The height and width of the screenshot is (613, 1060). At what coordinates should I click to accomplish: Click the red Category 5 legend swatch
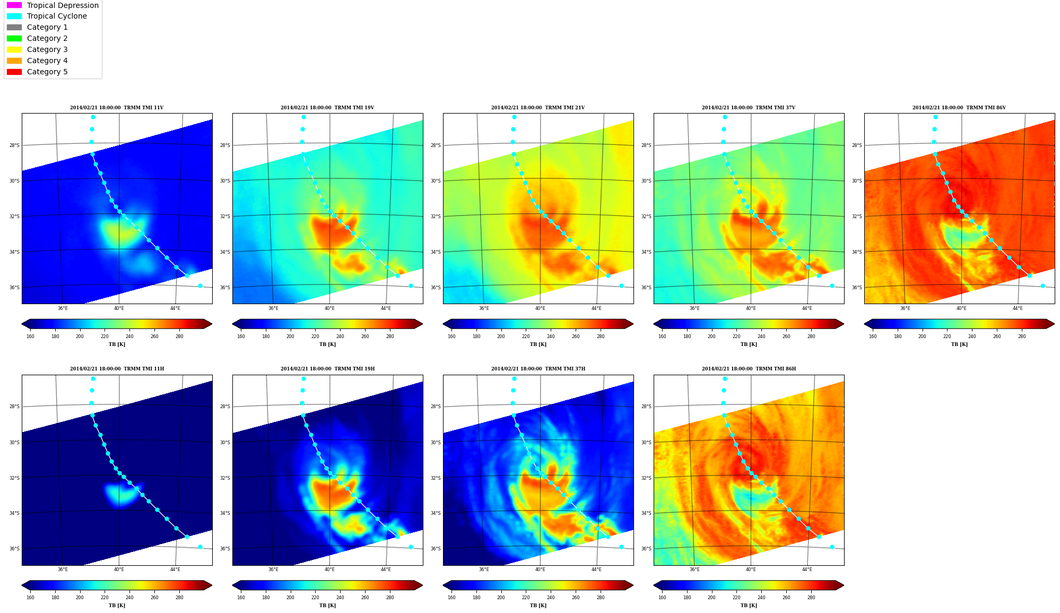[14, 72]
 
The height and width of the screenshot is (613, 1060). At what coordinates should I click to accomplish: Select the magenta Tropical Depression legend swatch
[14, 5]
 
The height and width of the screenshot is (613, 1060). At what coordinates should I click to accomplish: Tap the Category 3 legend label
[47, 49]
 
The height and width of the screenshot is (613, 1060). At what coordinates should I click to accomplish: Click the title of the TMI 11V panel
[117, 108]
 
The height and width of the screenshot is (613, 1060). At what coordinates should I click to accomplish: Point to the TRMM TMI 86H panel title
[749, 369]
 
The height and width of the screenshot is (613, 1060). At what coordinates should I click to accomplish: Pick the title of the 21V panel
[538, 108]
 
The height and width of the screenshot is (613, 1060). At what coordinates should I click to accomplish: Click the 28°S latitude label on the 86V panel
[857, 145]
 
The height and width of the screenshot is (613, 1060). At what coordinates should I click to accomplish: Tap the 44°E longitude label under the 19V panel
[386, 308]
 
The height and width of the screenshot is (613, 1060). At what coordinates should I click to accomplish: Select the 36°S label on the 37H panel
[436, 549]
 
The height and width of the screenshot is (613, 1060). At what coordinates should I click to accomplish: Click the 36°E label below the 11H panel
[63, 569]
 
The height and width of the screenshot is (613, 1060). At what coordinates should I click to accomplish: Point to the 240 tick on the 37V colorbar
[761, 336]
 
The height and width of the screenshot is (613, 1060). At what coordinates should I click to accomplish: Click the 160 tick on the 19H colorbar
[241, 598]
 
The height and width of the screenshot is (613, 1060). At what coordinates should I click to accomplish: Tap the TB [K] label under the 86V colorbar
[959, 344]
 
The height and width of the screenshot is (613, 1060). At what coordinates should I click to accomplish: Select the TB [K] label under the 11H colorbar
[117, 606]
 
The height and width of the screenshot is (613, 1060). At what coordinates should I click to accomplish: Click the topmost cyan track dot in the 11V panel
[93, 117]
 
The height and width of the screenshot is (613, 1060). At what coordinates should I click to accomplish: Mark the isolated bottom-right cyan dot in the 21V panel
[621, 286]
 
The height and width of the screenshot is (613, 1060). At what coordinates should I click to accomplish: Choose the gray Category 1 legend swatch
[14, 27]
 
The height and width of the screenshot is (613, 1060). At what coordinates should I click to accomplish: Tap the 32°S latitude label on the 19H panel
[225, 478]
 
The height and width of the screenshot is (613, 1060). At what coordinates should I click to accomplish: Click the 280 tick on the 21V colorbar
[601, 336]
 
